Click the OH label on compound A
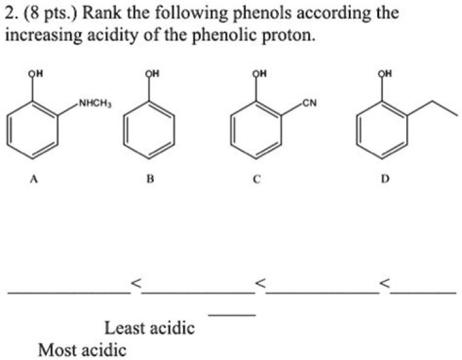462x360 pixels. pos(33,73)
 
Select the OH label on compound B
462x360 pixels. pos(150,73)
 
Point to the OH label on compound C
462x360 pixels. pos(259,73)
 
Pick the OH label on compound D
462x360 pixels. pos(384,73)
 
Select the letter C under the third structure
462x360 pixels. pos(255,180)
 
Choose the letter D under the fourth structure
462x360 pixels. pos(384,180)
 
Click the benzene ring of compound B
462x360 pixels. pos(148,132)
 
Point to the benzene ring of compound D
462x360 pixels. pos(382,132)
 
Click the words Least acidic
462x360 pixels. pos(150,329)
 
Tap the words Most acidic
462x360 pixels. pos(82,350)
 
